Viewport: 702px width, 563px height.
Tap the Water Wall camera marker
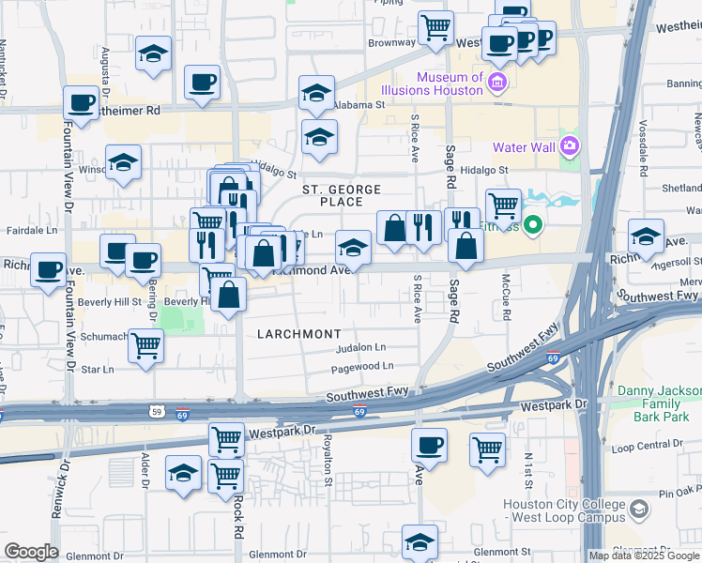click(569, 146)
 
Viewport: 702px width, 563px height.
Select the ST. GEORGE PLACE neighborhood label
click(341, 195)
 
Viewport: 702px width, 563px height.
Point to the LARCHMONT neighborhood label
click(298, 333)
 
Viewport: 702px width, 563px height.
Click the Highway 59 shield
click(157, 410)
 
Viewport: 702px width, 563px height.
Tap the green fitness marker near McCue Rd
click(533, 224)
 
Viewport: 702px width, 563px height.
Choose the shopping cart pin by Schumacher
click(146, 345)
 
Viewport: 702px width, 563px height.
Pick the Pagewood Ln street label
click(361, 366)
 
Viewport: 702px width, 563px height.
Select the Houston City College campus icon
click(639, 510)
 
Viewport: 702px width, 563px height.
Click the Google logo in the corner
click(31, 552)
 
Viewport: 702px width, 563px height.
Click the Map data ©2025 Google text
click(644, 555)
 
